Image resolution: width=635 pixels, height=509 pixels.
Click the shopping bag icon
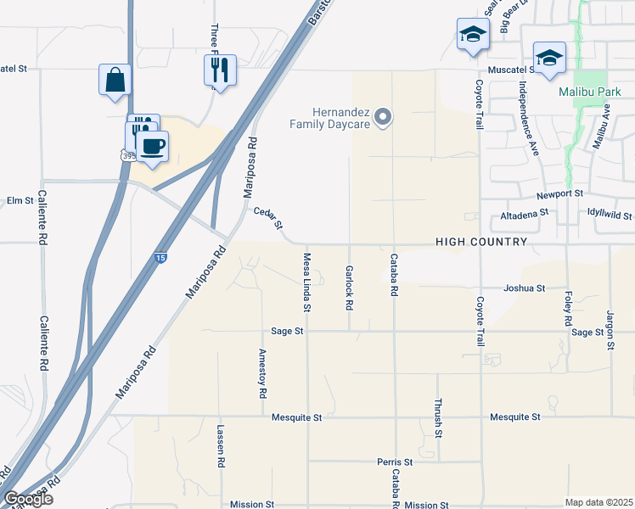115,81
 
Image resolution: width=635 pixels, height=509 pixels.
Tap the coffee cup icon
153,146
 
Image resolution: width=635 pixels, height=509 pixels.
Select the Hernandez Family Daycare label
332,117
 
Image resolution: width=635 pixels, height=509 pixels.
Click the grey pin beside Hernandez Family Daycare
383,117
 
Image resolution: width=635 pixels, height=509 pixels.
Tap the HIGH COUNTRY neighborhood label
481,243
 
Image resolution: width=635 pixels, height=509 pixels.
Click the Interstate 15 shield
160,258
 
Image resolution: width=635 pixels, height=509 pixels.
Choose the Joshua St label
524,288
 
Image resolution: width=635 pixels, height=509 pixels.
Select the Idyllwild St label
604,216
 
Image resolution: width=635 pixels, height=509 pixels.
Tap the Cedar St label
267,221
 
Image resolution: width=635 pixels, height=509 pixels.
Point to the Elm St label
19,201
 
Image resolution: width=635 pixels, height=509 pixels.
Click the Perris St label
395,462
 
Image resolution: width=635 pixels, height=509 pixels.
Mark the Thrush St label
439,417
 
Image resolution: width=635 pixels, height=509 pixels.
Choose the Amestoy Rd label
263,374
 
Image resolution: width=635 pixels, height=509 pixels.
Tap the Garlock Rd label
349,287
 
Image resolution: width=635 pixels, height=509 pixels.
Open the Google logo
28,499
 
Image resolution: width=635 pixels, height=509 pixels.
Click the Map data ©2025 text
598,502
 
